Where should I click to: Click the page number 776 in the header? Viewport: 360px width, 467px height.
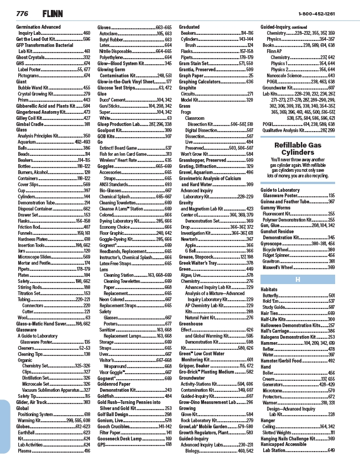click(x=22, y=13)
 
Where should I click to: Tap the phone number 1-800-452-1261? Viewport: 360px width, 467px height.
click(x=316, y=13)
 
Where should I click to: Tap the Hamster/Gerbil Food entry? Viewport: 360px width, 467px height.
click(x=285, y=360)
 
